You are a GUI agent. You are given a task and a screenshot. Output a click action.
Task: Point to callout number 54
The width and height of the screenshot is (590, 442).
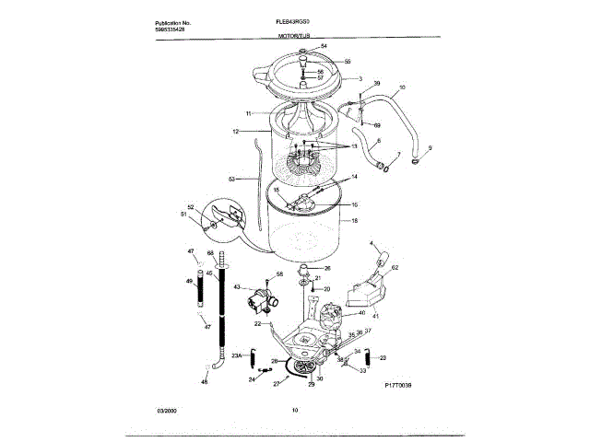324,46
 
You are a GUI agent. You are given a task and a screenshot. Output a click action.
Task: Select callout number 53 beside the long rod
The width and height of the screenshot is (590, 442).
232,178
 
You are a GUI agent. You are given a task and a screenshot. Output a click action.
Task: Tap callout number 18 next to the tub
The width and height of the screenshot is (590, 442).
356,221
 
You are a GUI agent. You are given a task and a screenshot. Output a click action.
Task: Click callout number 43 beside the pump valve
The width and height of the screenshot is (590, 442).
237,287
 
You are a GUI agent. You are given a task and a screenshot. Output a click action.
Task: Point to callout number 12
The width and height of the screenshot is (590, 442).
236,133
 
